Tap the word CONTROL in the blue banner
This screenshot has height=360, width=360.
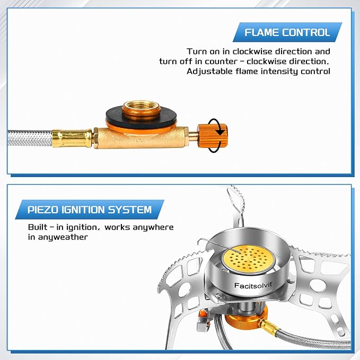click(x=306, y=32)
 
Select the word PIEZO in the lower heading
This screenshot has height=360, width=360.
click(x=43, y=209)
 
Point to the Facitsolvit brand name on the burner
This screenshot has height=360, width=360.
click(x=253, y=285)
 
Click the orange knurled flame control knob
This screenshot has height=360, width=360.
click(x=213, y=135)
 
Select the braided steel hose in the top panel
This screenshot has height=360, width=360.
click(x=30, y=138)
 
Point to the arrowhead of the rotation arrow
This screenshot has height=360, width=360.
click(x=221, y=132)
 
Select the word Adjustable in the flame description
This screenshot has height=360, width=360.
click(x=209, y=72)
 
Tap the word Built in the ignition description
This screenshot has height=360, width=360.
click(x=38, y=227)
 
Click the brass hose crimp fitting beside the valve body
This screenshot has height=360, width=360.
click(x=72, y=138)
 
